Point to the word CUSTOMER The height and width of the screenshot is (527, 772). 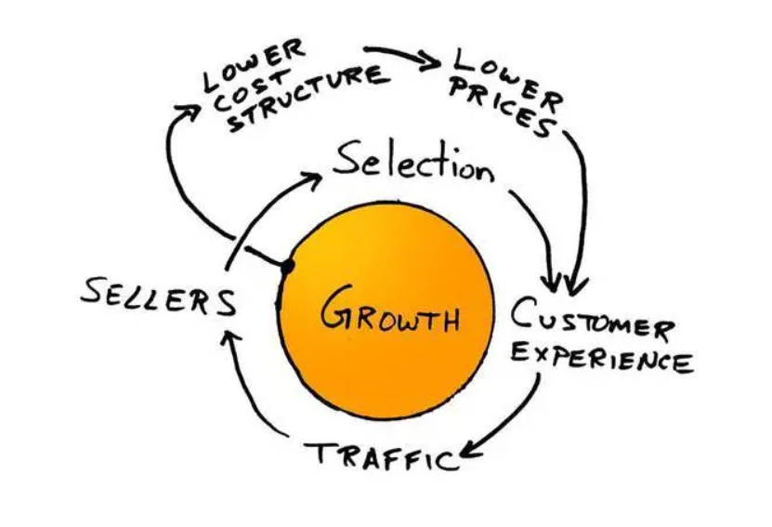[x=591, y=322]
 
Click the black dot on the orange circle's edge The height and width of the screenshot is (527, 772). [x=288, y=268]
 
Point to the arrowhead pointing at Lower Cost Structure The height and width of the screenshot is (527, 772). [x=190, y=109]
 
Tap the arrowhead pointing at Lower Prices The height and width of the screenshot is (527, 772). [x=432, y=63]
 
